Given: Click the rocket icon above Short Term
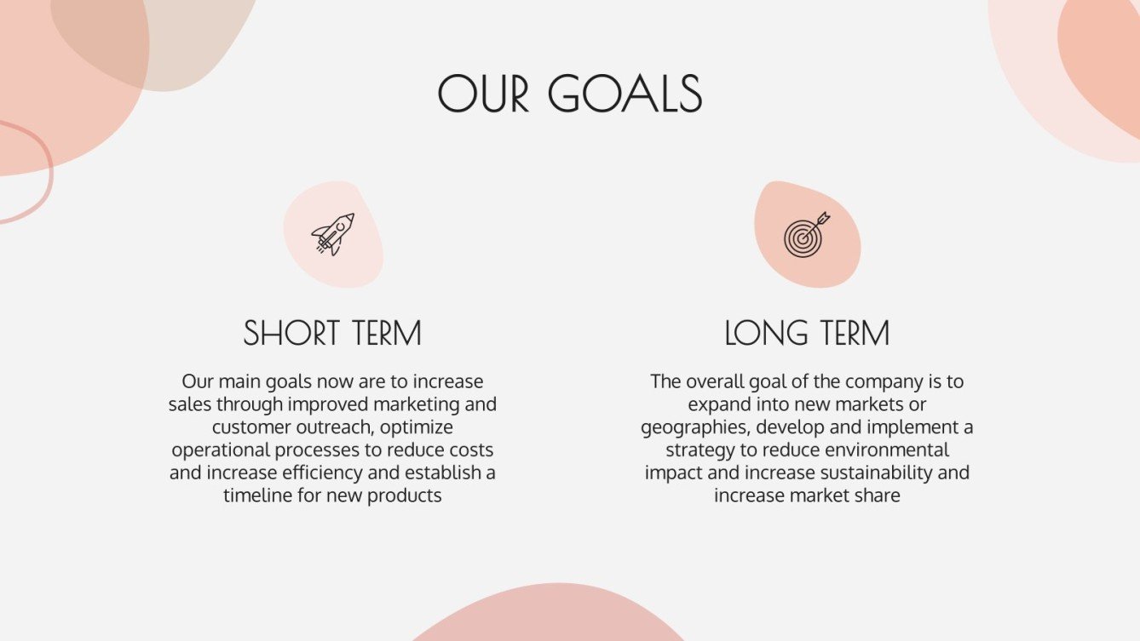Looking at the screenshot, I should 332,234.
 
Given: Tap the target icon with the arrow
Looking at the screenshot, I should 806,234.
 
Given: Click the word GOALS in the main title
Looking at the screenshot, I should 625,94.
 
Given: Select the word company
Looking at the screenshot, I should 879,381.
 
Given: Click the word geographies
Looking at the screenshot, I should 695,426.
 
